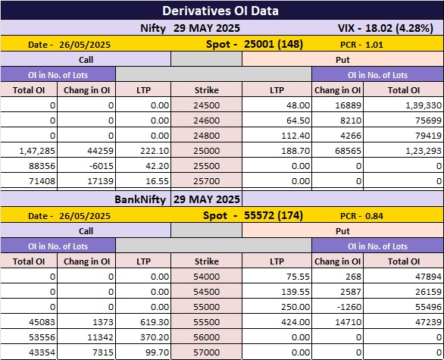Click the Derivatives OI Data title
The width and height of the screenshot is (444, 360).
click(220, 11)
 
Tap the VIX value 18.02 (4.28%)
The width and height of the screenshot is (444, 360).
click(399, 28)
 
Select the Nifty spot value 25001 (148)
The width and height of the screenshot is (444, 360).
click(274, 44)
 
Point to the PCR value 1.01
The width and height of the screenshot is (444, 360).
click(374, 45)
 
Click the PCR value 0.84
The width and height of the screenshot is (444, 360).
click(374, 216)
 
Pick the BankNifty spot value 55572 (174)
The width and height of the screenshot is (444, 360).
click(274, 215)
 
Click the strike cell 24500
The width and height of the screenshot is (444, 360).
click(206, 105)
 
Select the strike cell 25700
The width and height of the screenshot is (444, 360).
click(206, 180)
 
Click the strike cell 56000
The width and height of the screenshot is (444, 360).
click(206, 337)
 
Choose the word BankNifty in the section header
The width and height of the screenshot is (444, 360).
click(140, 199)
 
